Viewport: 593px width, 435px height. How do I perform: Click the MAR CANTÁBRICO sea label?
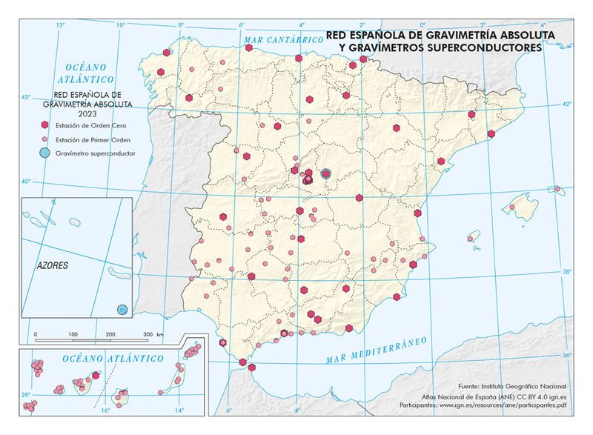[x=275, y=37]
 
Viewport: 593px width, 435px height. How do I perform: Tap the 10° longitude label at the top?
[x=120, y=25]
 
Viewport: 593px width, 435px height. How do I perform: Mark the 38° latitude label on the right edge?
[x=566, y=272]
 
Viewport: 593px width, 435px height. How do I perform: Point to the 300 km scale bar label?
[x=148, y=335]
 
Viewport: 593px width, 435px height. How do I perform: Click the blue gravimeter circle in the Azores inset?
[x=123, y=308]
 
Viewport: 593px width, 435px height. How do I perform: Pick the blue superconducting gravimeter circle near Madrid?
[x=325, y=174]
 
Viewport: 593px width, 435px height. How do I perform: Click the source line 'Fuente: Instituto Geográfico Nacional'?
[x=513, y=387]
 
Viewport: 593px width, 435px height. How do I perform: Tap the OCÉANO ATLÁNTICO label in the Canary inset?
[x=113, y=358]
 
